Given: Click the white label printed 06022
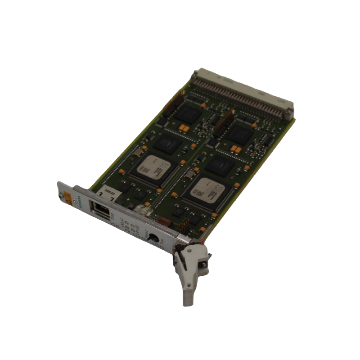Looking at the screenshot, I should click(106, 193).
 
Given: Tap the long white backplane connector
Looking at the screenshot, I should click(243, 90).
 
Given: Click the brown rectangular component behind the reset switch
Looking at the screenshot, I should click(164, 221).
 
